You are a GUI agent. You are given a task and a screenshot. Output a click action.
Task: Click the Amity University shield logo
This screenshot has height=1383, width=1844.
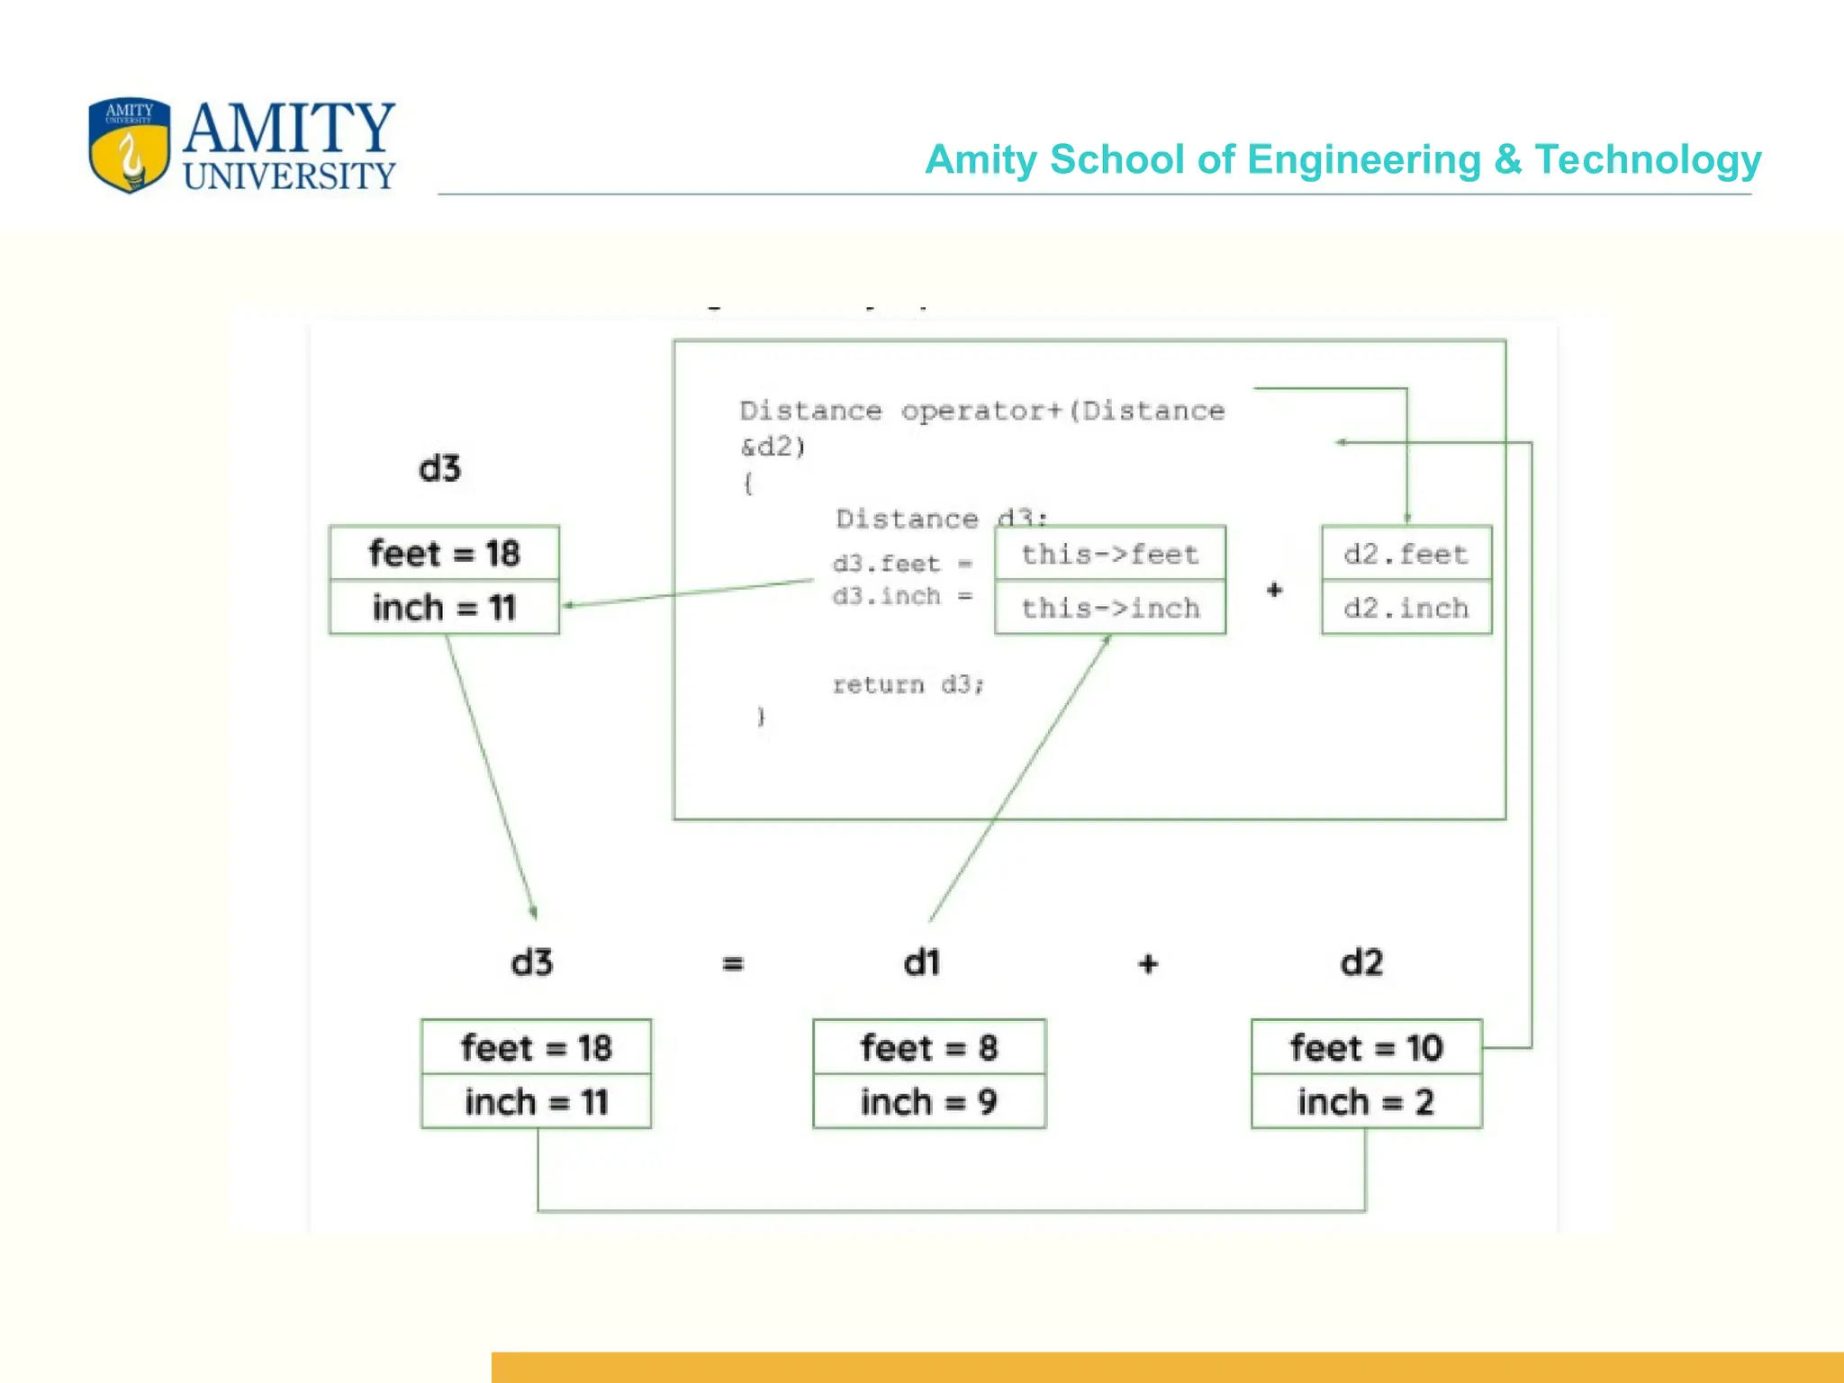click(x=130, y=145)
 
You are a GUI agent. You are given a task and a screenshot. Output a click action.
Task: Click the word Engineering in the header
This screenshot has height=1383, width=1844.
click(x=1363, y=160)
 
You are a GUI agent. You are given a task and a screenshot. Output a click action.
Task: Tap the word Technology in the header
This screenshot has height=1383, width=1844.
click(x=1647, y=160)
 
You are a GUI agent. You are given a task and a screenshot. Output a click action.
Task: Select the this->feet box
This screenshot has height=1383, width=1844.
click(x=1109, y=554)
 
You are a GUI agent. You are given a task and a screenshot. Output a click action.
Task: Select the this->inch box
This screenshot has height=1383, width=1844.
click(x=1109, y=608)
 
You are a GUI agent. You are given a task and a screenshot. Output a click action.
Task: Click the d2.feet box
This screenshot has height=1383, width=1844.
click(x=1406, y=554)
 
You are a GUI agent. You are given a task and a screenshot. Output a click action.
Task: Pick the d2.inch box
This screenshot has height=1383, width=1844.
click(x=1406, y=608)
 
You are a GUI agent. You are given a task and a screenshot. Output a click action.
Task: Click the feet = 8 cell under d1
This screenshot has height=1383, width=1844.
click(x=928, y=1047)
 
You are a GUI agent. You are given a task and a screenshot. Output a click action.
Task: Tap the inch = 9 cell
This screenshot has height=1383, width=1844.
click(x=928, y=1101)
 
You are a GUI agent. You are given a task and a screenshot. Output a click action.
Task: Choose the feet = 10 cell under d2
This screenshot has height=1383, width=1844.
click(x=1366, y=1047)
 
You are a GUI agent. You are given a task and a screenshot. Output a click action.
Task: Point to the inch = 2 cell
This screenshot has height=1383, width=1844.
click(x=1366, y=1101)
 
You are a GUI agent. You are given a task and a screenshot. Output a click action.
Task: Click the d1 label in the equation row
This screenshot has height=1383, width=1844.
click(x=922, y=963)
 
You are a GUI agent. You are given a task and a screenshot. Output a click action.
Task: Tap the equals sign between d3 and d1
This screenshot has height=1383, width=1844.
click(x=733, y=964)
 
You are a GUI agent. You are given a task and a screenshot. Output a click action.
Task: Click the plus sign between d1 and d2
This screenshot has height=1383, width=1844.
click(x=1148, y=964)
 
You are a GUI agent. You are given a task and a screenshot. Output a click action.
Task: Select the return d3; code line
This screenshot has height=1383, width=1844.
click(x=908, y=685)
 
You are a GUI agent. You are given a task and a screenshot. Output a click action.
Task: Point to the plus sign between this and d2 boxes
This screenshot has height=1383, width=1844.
click(x=1274, y=591)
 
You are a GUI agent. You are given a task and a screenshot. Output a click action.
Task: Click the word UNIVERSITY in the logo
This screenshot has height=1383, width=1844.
click(x=289, y=176)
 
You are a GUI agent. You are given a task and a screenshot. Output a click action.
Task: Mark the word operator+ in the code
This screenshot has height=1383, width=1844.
click(x=981, y=411)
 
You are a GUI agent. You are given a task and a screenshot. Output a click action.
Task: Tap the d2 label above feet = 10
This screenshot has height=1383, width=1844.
click(x=1361, y=963)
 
